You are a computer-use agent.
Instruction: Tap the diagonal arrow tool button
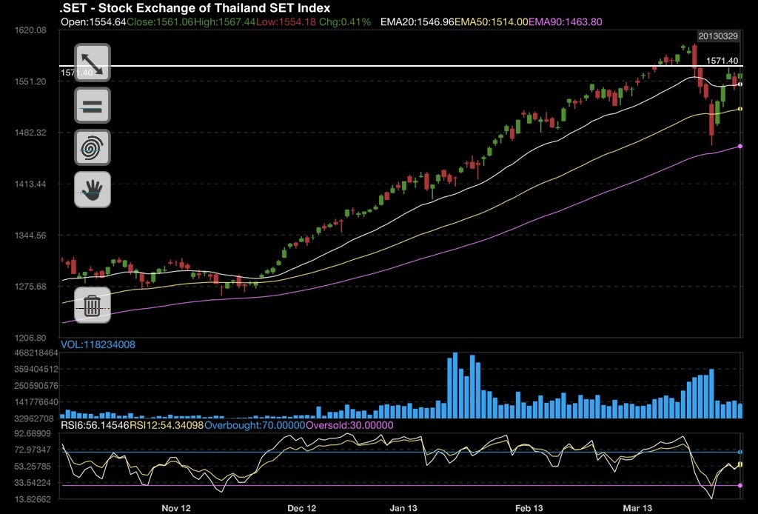(92, 62)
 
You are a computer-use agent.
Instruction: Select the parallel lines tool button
(92, 105)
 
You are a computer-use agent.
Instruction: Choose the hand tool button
(92, 190)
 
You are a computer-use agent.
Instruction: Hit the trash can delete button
(92, 305)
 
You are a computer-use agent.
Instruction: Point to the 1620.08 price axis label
(30, 30)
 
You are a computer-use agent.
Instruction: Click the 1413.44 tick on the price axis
(30, 184)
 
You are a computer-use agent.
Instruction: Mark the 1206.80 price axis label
(30, 338)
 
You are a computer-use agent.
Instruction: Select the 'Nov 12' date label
(176, 509)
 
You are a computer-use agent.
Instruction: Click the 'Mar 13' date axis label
(637, 509)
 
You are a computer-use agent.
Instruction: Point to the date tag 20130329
(717, 36)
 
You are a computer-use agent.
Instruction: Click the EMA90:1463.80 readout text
(566, 22)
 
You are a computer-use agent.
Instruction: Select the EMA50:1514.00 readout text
(492, 22)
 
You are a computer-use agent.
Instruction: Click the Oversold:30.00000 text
(349, 426)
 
